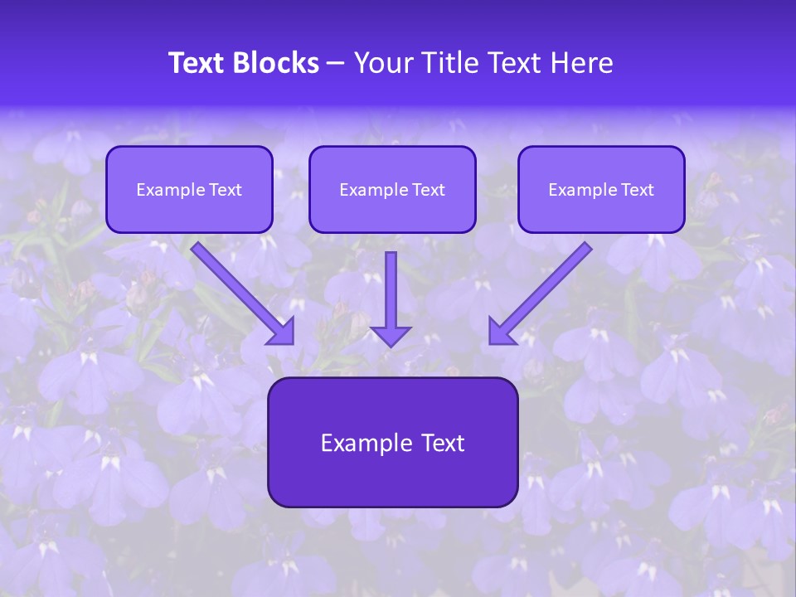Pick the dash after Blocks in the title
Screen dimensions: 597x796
336,64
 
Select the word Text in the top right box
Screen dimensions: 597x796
638,190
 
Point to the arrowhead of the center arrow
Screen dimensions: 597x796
391,335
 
